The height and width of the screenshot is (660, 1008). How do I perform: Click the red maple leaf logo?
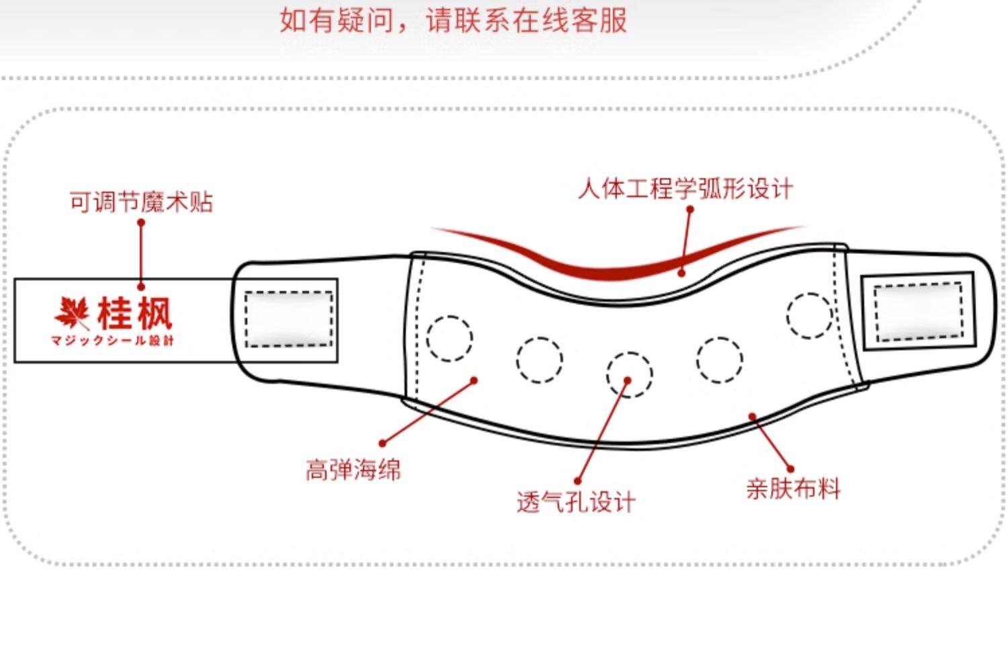pos(72,313)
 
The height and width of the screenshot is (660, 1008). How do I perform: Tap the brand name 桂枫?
pos(135,313)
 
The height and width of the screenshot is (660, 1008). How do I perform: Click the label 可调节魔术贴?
pos(141,202)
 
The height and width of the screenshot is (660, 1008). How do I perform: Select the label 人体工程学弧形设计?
pos(685,188)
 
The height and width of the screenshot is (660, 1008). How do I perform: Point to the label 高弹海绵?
pos(353,469)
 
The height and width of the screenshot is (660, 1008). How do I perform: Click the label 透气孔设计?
pos(576,501)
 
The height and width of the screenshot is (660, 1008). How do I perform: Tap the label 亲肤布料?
pos(793,488)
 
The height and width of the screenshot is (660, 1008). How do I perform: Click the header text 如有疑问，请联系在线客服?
pos(453,20)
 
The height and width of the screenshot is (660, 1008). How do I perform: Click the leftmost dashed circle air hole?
pos(450,337)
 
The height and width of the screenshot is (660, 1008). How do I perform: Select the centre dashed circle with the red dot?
pos(629,374)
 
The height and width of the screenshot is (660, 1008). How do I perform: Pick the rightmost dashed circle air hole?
pos(809,315)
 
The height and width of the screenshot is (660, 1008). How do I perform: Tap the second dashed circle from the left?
pos(540,360)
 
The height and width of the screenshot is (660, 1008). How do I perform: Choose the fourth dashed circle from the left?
pos(719,360)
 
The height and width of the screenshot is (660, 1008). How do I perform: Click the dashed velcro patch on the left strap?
pos(289,319)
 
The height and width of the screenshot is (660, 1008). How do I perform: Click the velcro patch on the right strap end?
pos(918,311)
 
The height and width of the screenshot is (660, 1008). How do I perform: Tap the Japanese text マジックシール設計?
pos(112,341)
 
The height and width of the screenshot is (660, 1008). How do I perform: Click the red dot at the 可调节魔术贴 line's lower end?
pos(141,286)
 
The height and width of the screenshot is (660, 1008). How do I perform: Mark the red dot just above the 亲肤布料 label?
pos(790,468)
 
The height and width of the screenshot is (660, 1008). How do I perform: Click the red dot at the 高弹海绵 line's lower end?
pos(382,443)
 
